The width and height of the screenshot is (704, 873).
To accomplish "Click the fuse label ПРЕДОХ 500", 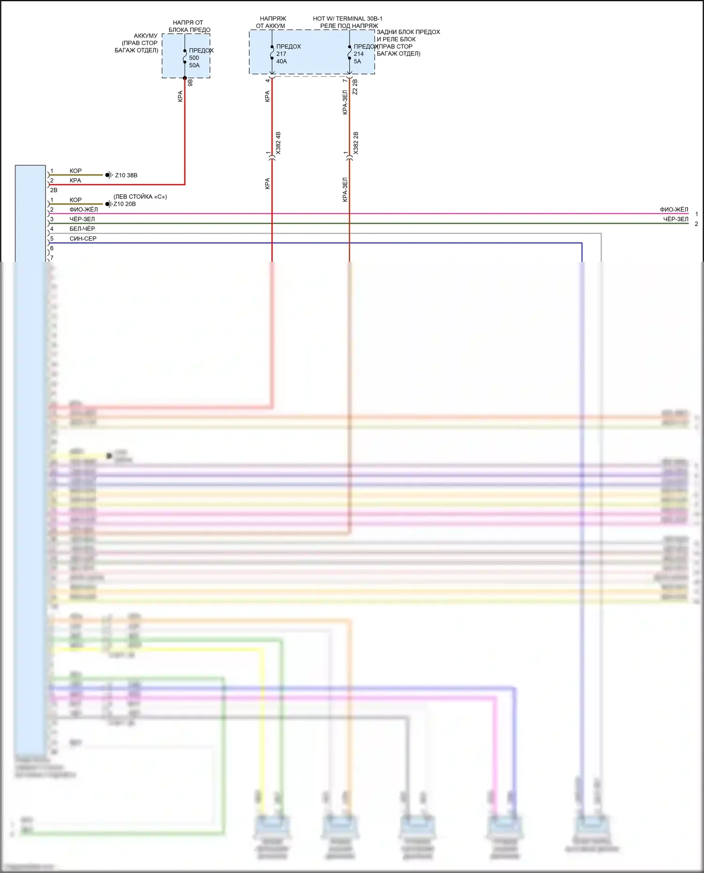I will [201, 51].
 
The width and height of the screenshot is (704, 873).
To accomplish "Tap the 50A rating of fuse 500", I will [194, 66].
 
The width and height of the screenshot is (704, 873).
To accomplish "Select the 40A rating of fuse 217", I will [282, 61].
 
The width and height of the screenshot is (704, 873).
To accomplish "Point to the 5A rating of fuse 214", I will [358, 61].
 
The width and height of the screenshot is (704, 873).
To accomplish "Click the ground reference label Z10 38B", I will [126, 175].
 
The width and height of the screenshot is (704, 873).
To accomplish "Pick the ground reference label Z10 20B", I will [125, 204].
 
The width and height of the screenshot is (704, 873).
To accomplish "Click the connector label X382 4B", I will [278, 143].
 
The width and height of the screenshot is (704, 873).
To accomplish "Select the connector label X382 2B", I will [356, 143].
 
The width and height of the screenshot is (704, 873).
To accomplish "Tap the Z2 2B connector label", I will [355, 87].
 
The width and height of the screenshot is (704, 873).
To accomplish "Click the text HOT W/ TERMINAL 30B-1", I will [348, 19].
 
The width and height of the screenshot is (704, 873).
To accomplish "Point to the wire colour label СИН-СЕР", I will [83, 239].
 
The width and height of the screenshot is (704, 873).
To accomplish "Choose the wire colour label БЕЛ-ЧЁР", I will [82, 229].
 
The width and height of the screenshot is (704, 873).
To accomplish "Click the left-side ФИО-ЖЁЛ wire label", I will [84, 210].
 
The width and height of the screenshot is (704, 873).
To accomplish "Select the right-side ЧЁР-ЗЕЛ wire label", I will [675, 220].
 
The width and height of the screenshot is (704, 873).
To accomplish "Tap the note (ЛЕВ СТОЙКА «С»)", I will [140, 197].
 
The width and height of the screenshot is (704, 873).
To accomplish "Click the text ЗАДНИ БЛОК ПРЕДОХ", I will [408, 32].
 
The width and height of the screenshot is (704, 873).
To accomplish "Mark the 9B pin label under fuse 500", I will [190, 83].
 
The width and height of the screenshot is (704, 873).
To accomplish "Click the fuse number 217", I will [281, 54].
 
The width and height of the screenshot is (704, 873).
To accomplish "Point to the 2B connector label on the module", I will [54, 190].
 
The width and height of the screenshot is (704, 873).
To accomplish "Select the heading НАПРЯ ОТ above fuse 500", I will [188, 23].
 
